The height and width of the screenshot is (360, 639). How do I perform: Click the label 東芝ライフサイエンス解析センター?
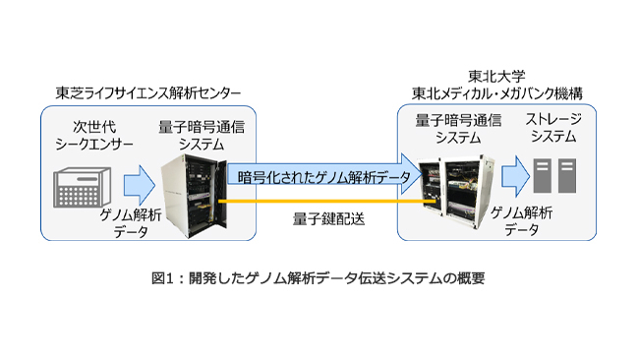click(x=147, y=93)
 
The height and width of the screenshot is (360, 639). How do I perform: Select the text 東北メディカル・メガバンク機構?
click(x=497, y=93)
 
